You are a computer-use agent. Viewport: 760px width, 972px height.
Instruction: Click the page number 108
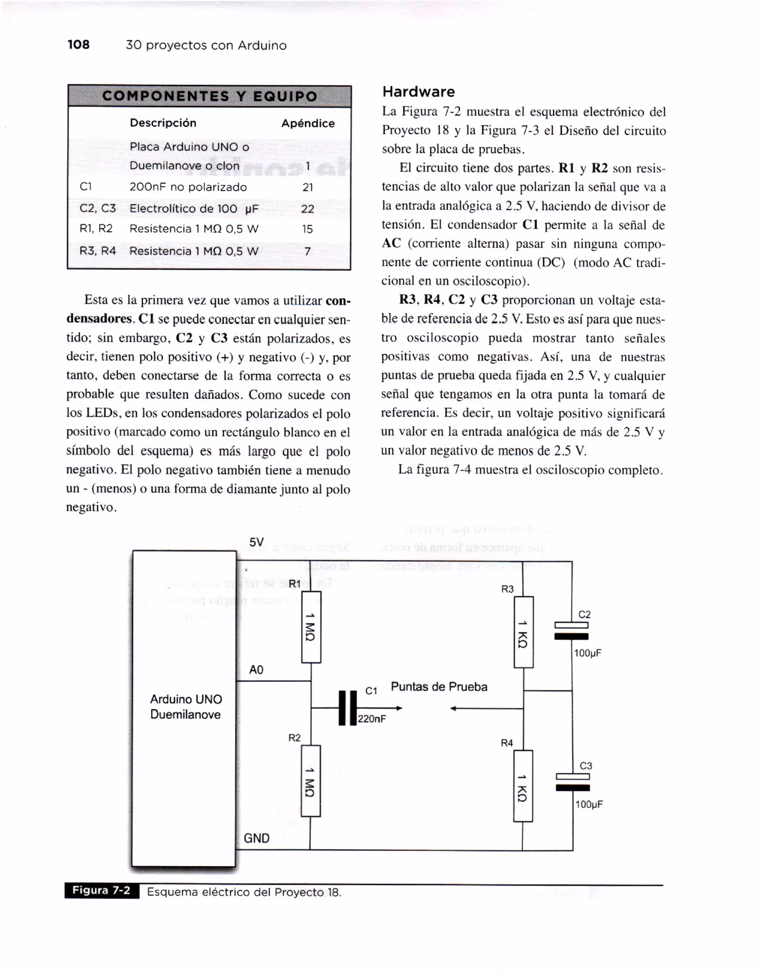78,45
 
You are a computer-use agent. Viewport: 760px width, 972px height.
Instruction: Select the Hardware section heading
419,92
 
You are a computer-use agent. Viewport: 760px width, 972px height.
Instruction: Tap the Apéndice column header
308,123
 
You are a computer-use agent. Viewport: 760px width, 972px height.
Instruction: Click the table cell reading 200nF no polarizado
188,187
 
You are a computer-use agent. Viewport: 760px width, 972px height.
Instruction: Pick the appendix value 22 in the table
308,209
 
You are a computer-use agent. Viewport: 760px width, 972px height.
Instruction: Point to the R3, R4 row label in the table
98,251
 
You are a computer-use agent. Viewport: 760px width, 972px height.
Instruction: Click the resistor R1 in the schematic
311,627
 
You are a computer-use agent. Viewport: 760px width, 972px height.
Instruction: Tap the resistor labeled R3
524,632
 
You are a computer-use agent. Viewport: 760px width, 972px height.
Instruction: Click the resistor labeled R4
523,786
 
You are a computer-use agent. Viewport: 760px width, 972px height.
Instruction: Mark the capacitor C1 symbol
348,708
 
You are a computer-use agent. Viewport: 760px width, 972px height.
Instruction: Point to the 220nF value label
372,719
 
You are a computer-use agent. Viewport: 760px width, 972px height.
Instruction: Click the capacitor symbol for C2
571,631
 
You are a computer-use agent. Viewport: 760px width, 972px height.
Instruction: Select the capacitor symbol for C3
573,782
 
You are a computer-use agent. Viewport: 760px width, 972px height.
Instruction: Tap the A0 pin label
256,670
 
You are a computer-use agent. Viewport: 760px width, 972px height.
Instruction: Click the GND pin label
256,838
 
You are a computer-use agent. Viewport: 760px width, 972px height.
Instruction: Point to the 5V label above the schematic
256,542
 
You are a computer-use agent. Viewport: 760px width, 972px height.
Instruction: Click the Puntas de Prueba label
439,687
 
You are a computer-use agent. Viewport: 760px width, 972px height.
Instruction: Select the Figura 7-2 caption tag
102,890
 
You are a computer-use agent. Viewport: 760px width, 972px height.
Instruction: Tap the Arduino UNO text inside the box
186,699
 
